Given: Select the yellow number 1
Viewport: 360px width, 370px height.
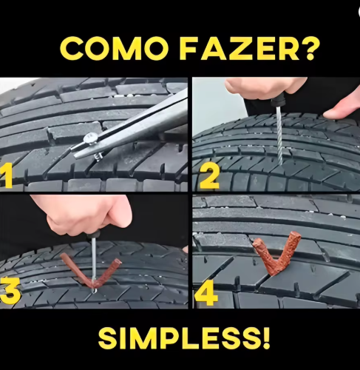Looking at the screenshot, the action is (x=6, y=175).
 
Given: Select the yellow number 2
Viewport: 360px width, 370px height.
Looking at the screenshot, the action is (x=209, y=177).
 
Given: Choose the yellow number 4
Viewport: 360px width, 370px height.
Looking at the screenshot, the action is (x=206, y=295).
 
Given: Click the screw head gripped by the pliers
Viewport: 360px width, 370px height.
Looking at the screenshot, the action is (x=90, y=138).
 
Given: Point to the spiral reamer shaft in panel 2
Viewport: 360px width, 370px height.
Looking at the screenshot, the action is (x=279, y=135).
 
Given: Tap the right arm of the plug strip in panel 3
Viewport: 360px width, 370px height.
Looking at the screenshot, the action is (x=109, y=272).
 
